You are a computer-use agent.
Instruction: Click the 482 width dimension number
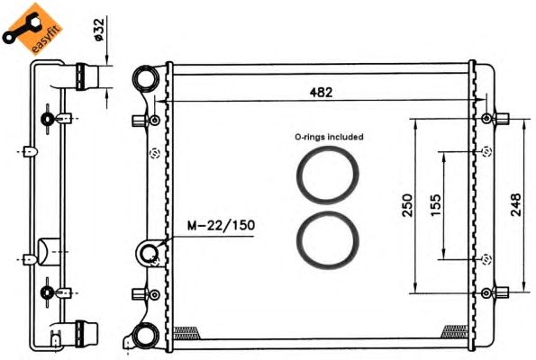click(322, 92)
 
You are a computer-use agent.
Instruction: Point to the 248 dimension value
click(514, 206)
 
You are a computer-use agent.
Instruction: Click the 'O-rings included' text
click(329, 138)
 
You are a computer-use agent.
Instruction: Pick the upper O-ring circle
click(330, 175)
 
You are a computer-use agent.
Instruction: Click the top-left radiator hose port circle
click(145, 82)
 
